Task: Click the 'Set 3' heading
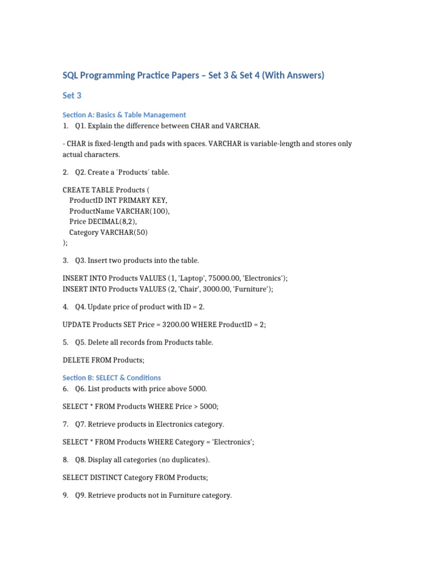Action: (72, 96)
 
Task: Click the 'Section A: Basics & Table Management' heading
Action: (124, 115)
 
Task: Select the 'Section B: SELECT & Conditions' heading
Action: (111, 378)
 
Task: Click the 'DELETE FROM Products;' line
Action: (103, 360)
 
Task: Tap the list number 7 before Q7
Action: (65, 424)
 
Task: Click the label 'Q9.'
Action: (80, 495)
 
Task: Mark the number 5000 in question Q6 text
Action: (197, 389)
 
